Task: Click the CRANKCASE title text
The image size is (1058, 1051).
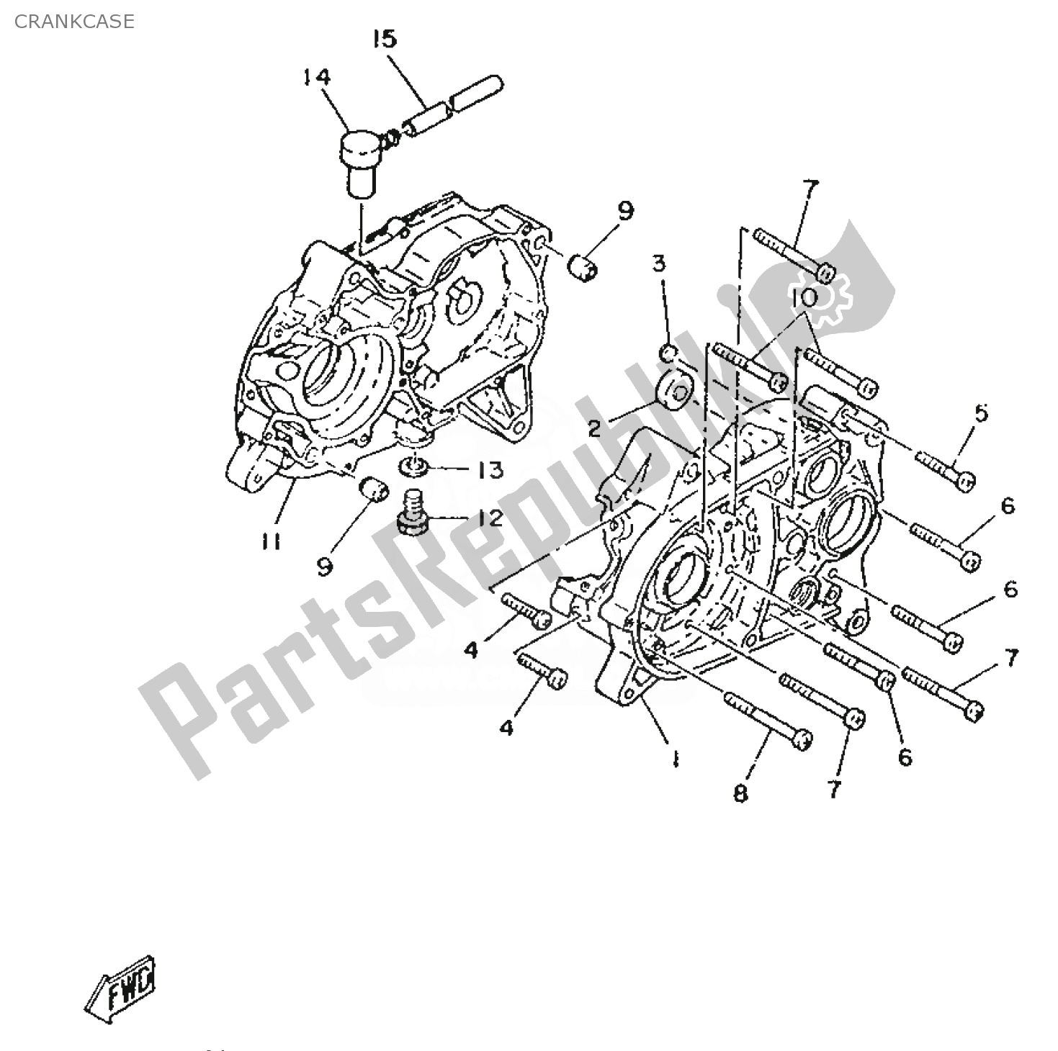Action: tap(74, 22)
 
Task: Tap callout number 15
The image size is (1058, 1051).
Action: tap(385, 39)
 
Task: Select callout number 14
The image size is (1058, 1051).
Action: tap(316, 76)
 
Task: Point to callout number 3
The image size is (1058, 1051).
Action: tap(660, 263)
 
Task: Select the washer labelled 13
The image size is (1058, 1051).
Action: tap(416, 466)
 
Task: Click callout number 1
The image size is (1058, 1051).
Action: tap(675, 759)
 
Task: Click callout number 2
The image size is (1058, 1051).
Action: tap(594, 429)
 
